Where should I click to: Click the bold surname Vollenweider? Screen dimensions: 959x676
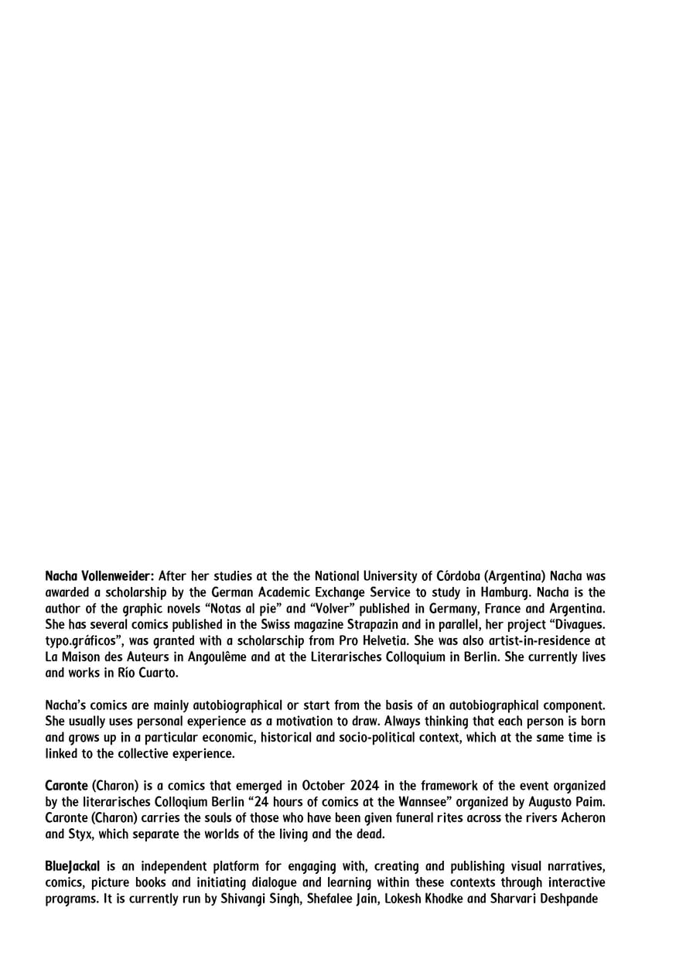(115, 576)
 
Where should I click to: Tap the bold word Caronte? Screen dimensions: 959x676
(67, 787)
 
